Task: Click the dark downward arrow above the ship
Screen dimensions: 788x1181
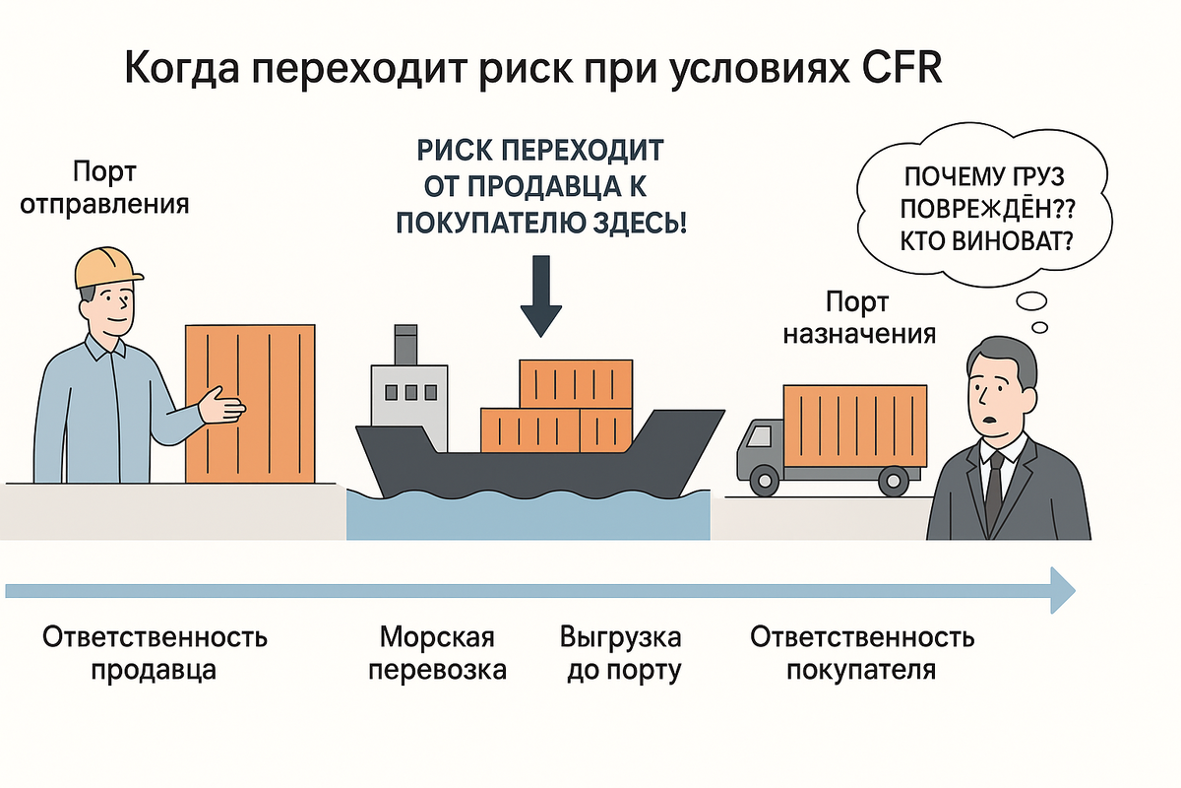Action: click(541, 295)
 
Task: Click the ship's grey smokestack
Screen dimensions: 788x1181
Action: click(405, 343)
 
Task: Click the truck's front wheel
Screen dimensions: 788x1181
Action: click(764, 481)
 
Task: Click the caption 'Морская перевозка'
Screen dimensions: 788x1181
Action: click(436, 653)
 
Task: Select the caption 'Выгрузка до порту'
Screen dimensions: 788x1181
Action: click(620, 653)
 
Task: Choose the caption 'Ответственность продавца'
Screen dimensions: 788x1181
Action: click(155, 653)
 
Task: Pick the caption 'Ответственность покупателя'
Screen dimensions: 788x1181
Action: click(862, 653)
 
